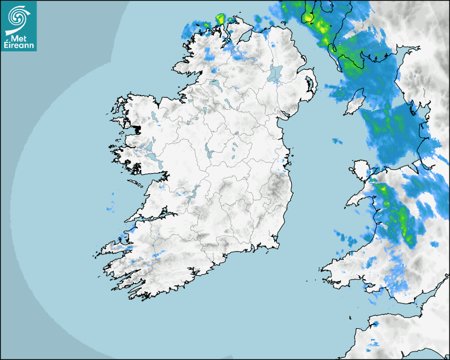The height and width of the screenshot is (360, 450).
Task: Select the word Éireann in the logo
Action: [19, 46]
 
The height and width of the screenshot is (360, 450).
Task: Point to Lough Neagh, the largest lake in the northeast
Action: [276, 73]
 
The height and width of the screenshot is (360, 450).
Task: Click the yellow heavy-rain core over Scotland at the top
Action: [308, 17]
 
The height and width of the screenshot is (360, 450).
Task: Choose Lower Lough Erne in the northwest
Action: [214, 83]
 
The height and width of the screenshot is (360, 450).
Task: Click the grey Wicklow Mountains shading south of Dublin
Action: [275, 185]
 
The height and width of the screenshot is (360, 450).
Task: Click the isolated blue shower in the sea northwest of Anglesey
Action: [337, 141]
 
